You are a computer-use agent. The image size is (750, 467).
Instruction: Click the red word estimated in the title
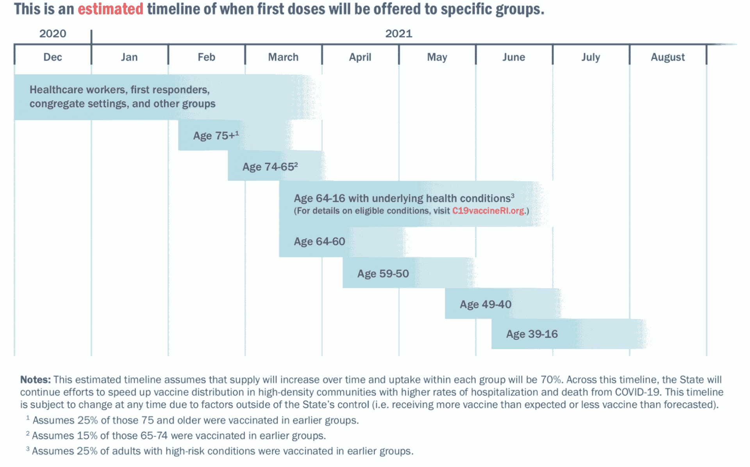(111, 9)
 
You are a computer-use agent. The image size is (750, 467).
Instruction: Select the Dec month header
(52, 57)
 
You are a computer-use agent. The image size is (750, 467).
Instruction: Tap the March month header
(283, 57)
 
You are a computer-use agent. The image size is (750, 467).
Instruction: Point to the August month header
(668, 57)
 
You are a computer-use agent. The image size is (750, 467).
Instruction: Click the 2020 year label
(52, 34)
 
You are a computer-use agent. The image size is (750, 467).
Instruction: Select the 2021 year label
(398, 34)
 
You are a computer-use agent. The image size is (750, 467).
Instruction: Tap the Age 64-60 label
(320, 242)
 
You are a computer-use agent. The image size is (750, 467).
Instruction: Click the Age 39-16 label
(532, 334)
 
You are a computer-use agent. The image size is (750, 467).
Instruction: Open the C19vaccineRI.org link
(488, 211)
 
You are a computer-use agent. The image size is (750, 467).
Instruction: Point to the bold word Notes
(35, 380)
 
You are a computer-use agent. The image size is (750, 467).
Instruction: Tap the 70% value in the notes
(551, 380)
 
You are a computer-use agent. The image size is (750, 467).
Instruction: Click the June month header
(514, 57)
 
